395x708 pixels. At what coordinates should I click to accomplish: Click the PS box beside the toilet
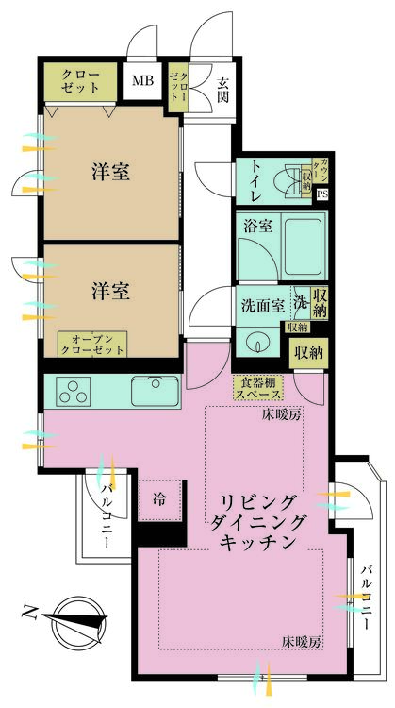[321, 195]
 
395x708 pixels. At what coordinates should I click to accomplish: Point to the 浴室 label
[256, 227]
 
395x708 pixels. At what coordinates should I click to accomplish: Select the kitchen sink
[156, 389]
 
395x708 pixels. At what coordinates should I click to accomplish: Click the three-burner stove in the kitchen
[74, 389]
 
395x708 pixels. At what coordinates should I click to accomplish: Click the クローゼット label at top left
[83, 80]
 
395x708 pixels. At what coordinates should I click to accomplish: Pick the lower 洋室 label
[110, 290]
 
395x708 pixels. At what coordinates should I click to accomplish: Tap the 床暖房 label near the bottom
[301, 642]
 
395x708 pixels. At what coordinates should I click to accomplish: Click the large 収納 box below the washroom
[307, 354]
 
